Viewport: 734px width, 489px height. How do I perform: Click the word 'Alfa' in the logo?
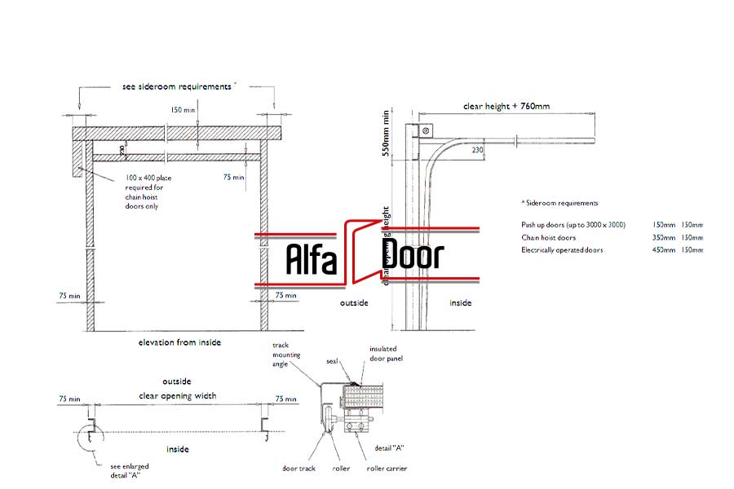click(311, 258)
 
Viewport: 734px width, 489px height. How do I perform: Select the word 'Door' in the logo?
click(413, 256)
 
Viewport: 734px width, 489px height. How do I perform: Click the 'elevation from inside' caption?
click(179, 342)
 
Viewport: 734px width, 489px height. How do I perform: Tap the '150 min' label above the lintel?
click(183, 108)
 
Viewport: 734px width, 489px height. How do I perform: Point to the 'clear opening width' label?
click(177, 396)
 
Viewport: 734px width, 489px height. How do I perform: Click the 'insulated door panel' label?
click(386, 353)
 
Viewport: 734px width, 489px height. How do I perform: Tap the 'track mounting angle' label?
click(281, 355)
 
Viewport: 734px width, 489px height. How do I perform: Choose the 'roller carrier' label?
click(386, 468)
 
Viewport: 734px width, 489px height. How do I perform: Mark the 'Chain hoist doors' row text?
click(548, 237)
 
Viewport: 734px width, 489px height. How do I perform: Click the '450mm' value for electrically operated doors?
click(664, 250)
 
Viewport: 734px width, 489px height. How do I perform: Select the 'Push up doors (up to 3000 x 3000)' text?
click(573, 224)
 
